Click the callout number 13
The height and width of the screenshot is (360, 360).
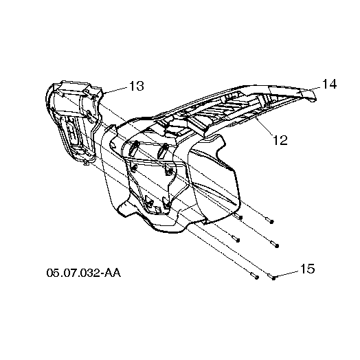click(137, 86)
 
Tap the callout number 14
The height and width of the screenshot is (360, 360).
click(330, 84)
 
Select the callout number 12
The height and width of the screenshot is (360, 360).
click(280, 140)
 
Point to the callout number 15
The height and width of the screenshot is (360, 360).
click(307, 269)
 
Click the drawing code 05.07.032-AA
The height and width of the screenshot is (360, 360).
click(84, 273)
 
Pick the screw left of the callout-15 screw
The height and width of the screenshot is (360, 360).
click(255, 276)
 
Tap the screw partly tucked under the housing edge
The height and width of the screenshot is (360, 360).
click(239, 216)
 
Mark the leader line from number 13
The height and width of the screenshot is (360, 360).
click(116, 90)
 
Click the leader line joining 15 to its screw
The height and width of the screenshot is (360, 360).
click(287, 273)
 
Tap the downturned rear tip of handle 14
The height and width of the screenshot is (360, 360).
click(313, 99)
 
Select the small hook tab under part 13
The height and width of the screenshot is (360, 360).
click(86, 163)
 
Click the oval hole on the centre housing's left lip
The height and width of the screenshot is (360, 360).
click(113, 145)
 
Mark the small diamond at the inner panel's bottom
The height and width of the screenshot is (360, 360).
click(158, 209)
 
